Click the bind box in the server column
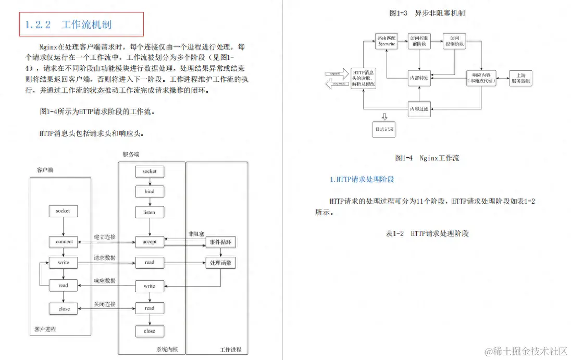[x=150, y=191]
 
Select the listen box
[x=150, y=212]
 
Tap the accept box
[x=150, y=242]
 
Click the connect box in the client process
[x=64, y=242]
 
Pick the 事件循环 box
[x=221, y=242]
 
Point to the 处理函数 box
[x=221, y=263]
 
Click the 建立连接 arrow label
[x=105, y=237]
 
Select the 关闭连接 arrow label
[x=105, y=304]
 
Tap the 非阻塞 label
[x=196, y=234]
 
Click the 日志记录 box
[x=384, y=129]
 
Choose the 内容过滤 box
[x=419, y=109]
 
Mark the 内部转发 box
[x=419, y=78]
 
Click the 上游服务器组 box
[x=522, y=78]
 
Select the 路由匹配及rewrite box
[x=386, y=41]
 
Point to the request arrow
[x=336, y=73]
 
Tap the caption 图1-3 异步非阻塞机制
[x=427, y=13]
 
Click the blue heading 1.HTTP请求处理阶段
[x=362, y=179]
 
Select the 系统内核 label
[x=167, y=349]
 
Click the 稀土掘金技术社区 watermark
[x=526, y=351]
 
